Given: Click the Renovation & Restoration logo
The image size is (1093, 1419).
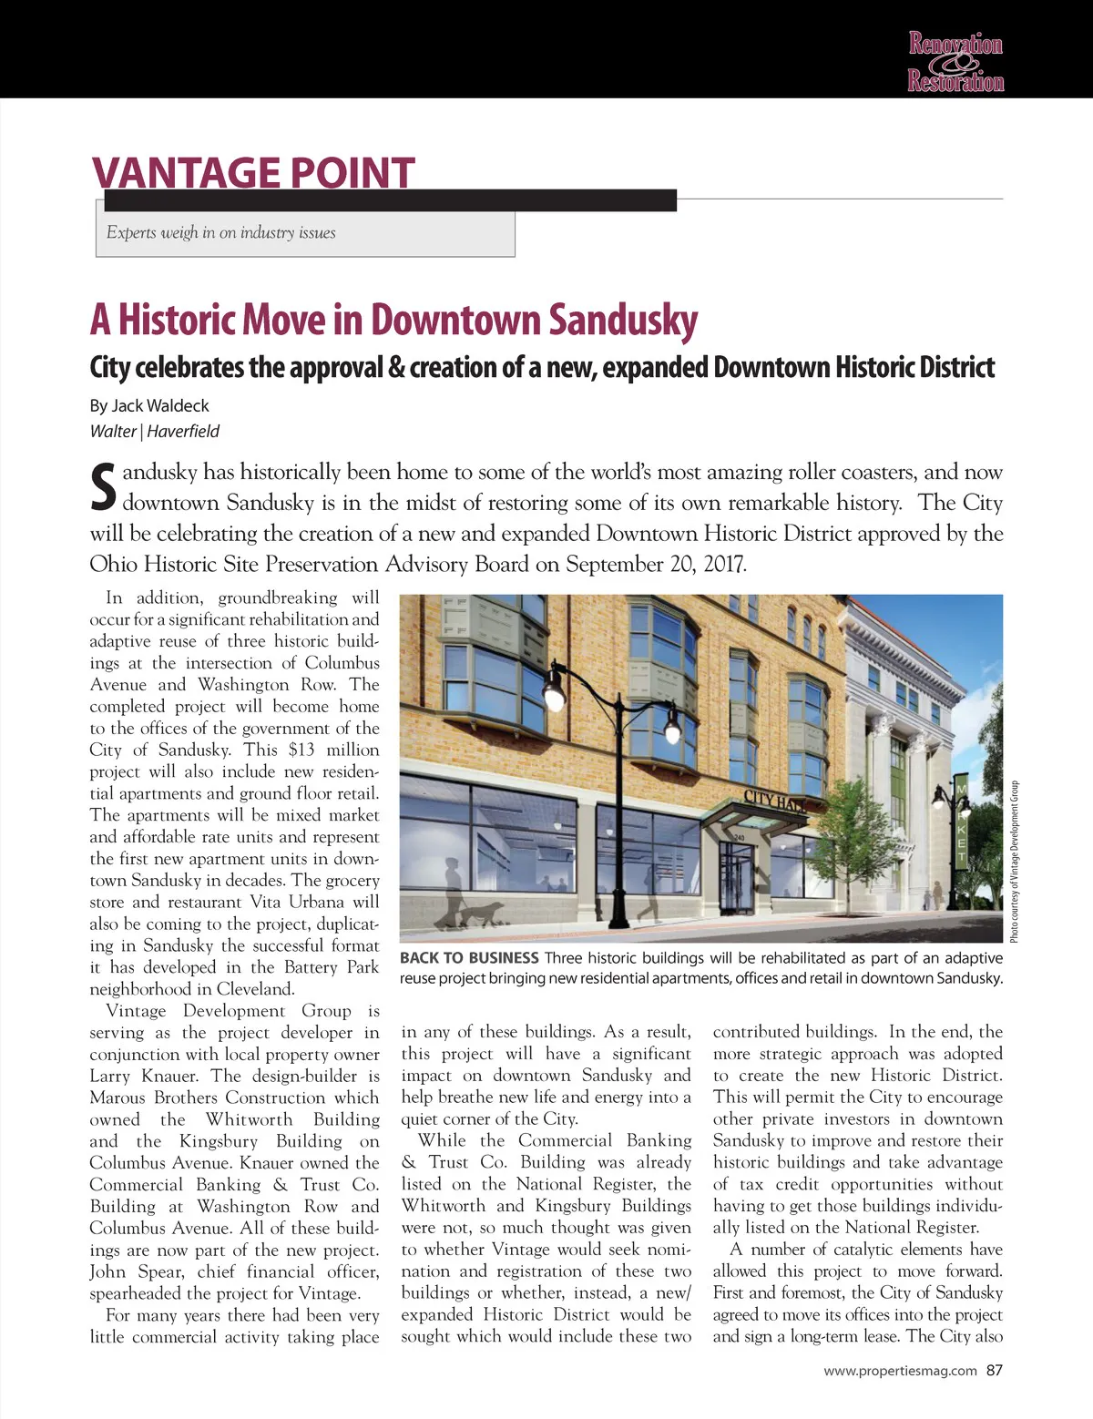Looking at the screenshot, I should [x=955, y=62].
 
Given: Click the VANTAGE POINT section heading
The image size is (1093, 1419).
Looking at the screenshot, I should [x=253, y=172].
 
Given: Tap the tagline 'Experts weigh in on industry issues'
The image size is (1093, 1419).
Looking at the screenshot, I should [x=220, y=233].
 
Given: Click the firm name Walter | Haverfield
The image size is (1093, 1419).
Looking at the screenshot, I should [x=154, y=432].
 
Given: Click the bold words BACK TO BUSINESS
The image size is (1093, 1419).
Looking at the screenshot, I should [x=469, y=958].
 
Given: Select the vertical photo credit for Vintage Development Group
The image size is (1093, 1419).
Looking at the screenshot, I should [x=1014, y=862].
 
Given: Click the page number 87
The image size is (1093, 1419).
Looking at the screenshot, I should [x=994, y=1371].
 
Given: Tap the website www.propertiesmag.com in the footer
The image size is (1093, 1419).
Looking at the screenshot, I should [x=900, y=1371].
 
